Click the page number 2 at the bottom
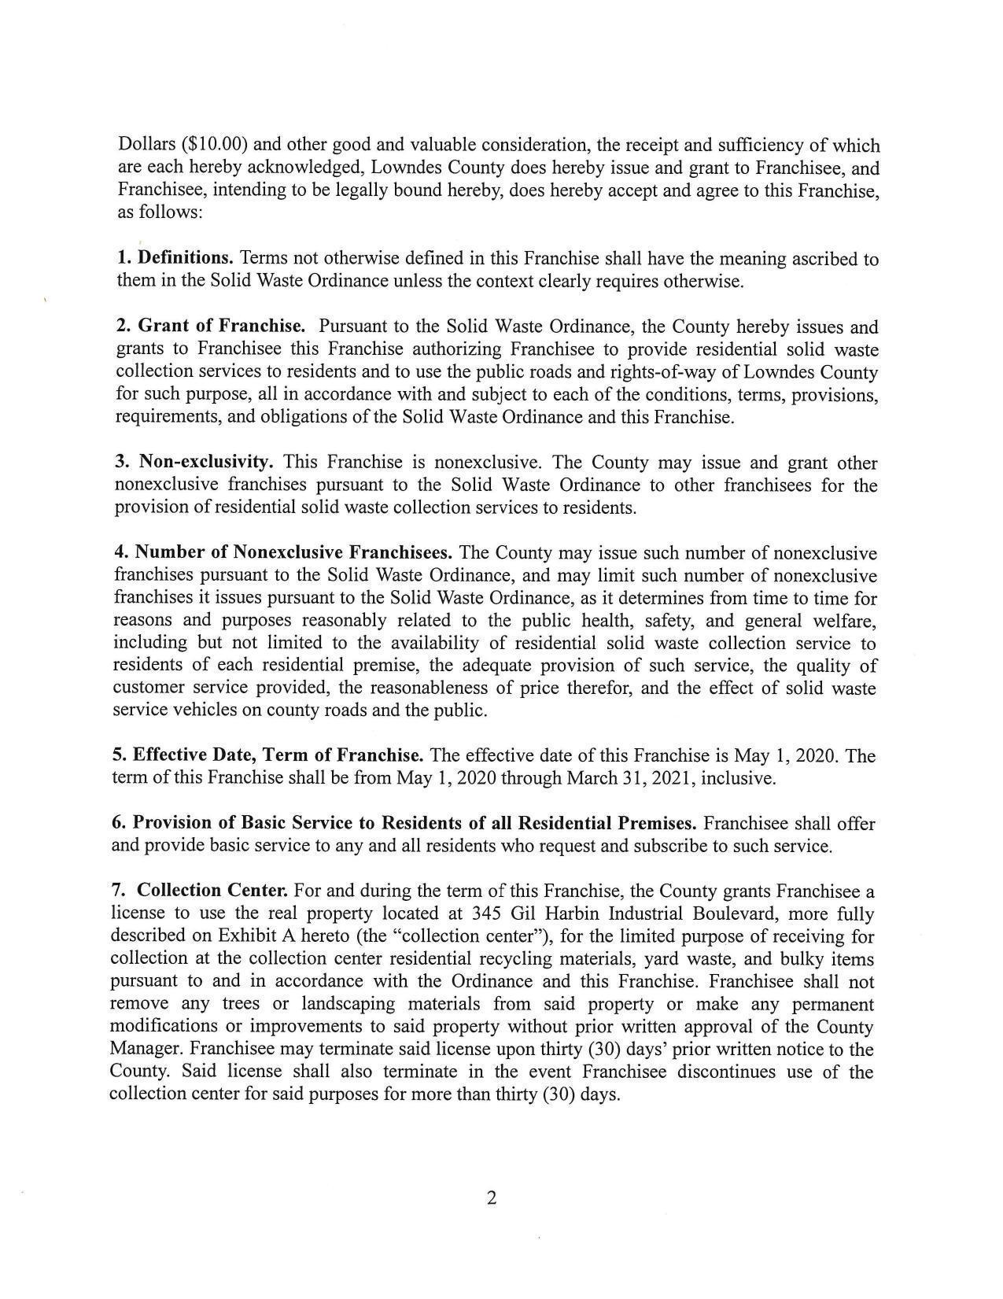pos(492,1198)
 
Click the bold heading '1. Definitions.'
pos(175,258)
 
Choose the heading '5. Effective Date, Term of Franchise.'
pos(268,755)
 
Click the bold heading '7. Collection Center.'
pos(200,891)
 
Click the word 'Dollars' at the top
pos(147,146)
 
